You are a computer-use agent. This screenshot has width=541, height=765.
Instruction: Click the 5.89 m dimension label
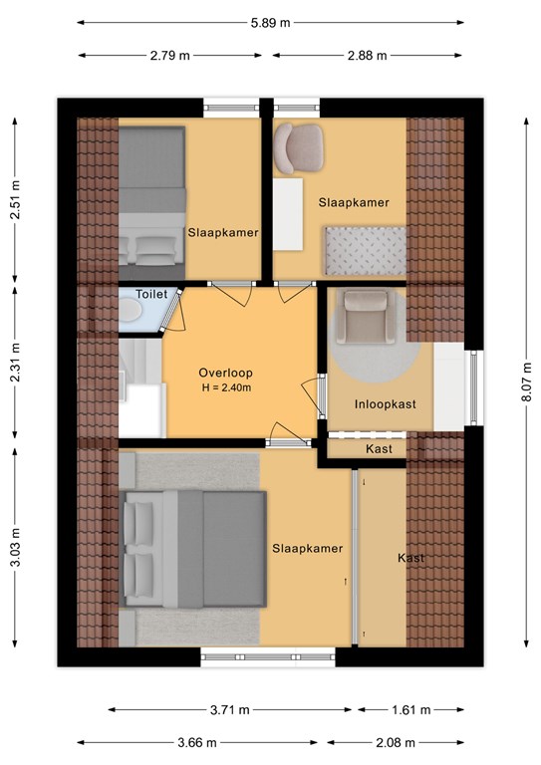point(270,23)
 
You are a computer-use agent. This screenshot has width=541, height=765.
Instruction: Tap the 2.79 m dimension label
point(169,56)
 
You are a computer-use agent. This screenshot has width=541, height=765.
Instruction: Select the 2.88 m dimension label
point(367,56)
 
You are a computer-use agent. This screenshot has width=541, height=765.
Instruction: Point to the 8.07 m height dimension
point(526,382)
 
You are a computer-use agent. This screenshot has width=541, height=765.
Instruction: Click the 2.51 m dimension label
point(16,200)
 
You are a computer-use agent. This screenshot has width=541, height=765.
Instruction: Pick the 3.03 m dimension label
point(16,548)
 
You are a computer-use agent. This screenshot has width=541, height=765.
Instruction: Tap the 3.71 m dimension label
point(230,710)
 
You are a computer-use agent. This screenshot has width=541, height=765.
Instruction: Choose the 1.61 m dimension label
point(411,710)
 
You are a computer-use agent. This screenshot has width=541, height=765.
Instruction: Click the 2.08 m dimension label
point(396,743)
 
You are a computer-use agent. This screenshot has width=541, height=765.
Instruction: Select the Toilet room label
point(151,294)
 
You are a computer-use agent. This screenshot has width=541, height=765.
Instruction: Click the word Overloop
point(225,373)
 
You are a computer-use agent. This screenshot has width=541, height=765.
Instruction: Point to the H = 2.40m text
point(226,388)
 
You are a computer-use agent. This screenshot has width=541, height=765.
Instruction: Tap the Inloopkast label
point(385,404)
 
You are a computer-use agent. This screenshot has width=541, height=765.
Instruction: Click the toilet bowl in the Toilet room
point(130,310)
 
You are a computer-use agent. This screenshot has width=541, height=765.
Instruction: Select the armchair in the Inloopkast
point(367,317)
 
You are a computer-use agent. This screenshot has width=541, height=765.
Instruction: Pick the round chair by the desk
point(298,147)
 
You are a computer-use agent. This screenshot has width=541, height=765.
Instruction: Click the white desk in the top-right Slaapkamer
point(288,214)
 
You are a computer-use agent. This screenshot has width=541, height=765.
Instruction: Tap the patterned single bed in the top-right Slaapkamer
point(365,250)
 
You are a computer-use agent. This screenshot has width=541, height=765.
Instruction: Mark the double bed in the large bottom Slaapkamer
point(193,550)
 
